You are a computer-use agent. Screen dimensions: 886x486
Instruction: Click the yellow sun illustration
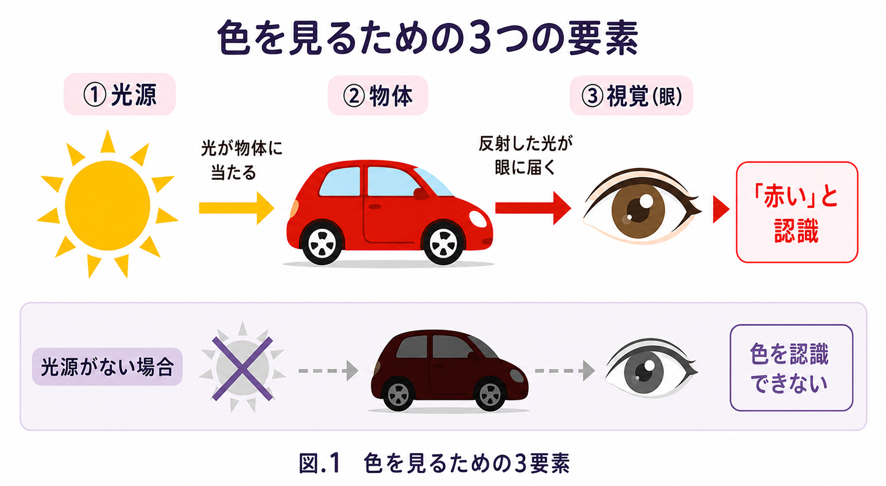point(107,205)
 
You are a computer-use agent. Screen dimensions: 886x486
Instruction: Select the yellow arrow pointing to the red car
point(237,208)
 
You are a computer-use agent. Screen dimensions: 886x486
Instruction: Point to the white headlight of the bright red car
point(478,219)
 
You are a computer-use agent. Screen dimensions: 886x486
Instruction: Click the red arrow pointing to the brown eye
point(533,208)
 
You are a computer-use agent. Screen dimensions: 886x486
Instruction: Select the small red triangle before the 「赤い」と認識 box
point(721,209)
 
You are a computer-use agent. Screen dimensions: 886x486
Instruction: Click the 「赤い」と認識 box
point(797,212)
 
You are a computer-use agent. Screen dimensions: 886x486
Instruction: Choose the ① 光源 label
point(119,95)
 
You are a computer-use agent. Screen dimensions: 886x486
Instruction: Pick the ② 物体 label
point(378,96)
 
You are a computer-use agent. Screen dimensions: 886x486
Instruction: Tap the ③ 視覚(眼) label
point(632,96)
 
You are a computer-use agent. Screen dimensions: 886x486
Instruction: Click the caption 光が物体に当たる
point(242,160)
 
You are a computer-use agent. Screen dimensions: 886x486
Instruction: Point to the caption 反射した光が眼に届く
point(526,156)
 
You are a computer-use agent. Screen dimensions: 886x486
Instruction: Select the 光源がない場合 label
point(107,367)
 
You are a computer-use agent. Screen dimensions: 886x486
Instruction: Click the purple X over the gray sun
point(242,369)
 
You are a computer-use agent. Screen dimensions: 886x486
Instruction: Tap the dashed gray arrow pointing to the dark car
point(328,370)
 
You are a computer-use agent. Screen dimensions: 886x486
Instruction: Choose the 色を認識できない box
point(791,368)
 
